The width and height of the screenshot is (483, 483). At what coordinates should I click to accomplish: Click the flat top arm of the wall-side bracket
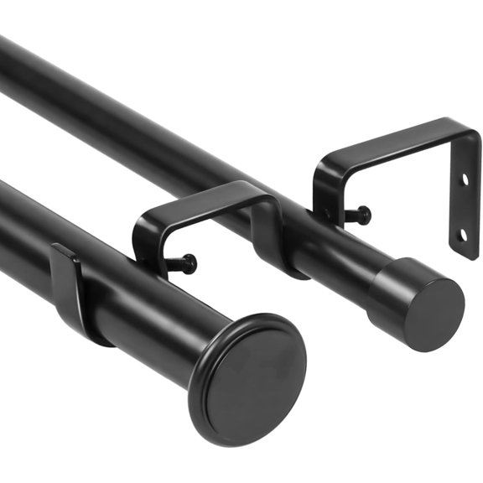tap(394, 143)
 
